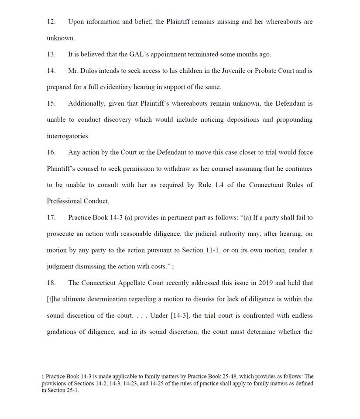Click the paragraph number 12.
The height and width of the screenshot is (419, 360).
[51, 22]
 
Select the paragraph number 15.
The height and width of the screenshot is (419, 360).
[51, 103]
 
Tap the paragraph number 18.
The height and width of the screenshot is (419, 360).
[51, 283]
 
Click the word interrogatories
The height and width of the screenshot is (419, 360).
[68, 136]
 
